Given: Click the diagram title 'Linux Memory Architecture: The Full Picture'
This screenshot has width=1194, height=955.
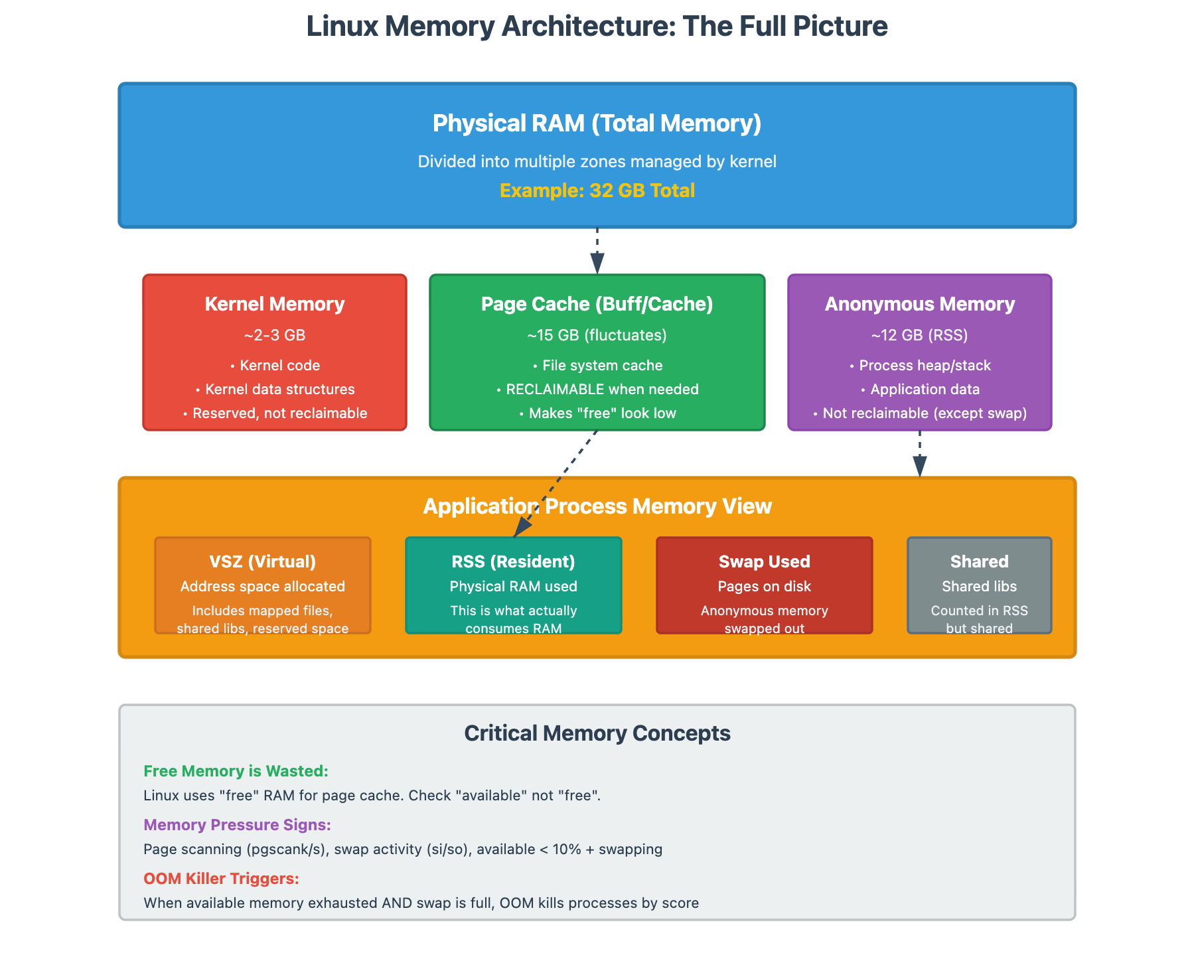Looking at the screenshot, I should (x=597, y=27).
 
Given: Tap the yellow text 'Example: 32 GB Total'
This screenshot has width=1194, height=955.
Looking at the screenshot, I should (x=597, y=191).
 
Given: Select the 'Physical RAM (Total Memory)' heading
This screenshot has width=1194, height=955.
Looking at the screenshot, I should (x=597, y=123).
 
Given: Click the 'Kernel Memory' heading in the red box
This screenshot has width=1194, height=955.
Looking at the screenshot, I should (x=275, y=304).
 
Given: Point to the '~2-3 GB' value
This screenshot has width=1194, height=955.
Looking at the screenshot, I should (x=275, y=335).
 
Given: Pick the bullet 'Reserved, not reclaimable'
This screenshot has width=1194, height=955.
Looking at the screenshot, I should (x=279, y=413).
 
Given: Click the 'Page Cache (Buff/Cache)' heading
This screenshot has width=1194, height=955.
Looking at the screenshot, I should (x=597, y=304).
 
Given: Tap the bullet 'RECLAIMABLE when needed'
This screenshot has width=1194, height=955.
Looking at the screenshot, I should (x=602, y=390).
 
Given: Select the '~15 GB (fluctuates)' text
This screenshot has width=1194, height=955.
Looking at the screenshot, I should (x=597, y=335).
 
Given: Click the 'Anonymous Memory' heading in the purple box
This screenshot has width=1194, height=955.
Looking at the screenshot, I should (x=920, y=304).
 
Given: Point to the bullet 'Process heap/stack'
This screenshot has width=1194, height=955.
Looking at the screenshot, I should (x=925, y=366).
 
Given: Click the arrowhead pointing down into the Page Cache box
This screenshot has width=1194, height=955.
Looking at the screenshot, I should (x=597, y=264).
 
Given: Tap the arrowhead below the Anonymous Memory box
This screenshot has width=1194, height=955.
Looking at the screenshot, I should (x=920, y=467).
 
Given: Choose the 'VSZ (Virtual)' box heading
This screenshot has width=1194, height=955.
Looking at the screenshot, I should (x=263, y=561).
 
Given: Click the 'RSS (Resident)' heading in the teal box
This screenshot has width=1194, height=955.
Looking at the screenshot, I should (x=513, y=561).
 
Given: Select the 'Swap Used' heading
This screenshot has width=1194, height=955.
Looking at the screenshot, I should (x=765, y=561).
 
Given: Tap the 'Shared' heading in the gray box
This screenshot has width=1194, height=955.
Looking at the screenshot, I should (x=979, y=561).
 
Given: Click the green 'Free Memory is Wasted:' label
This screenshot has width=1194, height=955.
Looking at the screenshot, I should (x=236, y=771).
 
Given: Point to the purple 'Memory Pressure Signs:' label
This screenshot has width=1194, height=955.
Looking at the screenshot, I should (x=237, y=825).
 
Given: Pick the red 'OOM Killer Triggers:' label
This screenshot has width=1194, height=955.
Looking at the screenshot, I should (x=221, y=879).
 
